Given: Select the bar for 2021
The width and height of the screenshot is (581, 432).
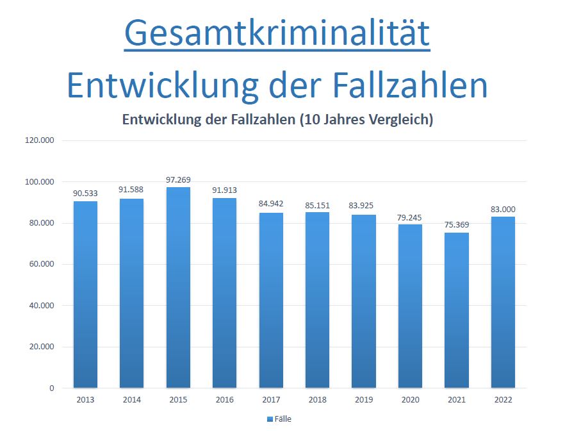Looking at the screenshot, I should (x=456, y=310).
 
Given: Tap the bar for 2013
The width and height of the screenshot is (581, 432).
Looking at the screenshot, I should (x=85, y=294).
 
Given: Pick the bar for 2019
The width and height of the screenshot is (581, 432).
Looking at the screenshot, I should (x=364, y=301).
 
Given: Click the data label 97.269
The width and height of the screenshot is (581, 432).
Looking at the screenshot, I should (x=178, y=180).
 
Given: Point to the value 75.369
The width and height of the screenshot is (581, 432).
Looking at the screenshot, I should (x=456, y=225).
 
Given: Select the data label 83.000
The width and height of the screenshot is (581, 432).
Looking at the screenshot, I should (x=503, y=209).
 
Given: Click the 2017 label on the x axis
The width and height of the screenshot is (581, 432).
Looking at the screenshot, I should (x=271, y=400).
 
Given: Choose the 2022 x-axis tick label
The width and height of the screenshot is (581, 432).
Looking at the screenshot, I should (x=503, y=400).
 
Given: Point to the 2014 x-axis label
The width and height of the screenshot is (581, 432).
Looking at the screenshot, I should (x=132, y=400).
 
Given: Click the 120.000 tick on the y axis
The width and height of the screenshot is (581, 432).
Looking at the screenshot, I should (x=40, y=140).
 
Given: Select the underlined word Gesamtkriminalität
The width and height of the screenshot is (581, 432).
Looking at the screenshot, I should (x=277, y=33).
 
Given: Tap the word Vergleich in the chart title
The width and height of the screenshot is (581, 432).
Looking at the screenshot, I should (x=398, y=120).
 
